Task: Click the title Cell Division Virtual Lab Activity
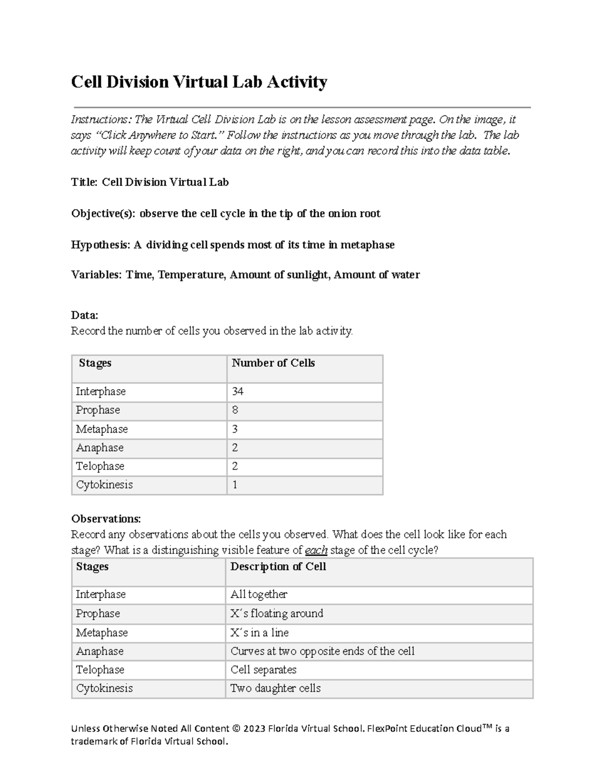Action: pyautogui.click(x=199, y=82)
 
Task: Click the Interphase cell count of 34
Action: pyautogui.click(x=237, y=391)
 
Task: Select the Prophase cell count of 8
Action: pyautogui.click(x=235, y=410)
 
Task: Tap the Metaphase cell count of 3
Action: pyautogui.click(x=235, y=429)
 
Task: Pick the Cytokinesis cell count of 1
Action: pyautogui.click(x=235, y=485)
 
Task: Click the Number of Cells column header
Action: pyautogui.click(x=273, y=363)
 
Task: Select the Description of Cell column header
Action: pyautogui.click(x=278, y=567)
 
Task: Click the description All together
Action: pyautogui.click(x=259, y=594)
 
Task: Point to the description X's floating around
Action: pyautogui.click(x=277, y=614)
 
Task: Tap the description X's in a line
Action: pyautogui.click(x=260, y=633)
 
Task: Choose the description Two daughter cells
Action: pyautogui.click(x=275, y=688)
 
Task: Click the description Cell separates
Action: pyautogui.click(x=263, y=670)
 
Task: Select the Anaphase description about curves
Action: pyautogui.click(x=322, y=651)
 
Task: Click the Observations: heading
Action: pyautogui.click(x=106, y=519)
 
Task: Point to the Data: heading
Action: pyautogui.click(x=85, y=315)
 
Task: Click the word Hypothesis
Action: pyautogui.click(x=100, y=245)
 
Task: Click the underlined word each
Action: pyautogui.click(x=317, y=550)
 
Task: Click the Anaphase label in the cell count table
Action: pyautogui.click(x=100, y=448)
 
